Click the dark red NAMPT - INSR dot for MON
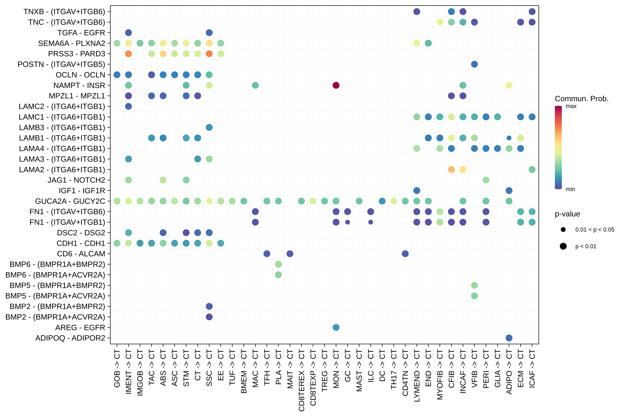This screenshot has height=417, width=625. pos(336,85)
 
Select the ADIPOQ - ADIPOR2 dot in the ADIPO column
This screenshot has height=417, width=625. pos(509,338)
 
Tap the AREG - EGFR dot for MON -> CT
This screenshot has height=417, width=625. pos(336,327)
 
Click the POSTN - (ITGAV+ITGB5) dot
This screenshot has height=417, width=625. pos(474,64)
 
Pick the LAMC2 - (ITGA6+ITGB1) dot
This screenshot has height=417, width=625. pos(128,106)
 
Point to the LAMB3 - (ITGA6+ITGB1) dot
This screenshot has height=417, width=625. pos(209,127)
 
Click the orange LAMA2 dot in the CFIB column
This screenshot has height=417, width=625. pos(451,169)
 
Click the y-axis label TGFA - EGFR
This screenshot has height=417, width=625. pos(81,33)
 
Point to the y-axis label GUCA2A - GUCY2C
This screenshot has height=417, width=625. pos(70,201)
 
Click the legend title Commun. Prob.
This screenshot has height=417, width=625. pos(581,99)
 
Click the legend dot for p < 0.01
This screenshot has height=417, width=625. pos(563,246)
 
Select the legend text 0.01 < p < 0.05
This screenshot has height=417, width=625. pos(595,229)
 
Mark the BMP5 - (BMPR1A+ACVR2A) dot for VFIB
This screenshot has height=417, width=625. pos(474,296)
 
